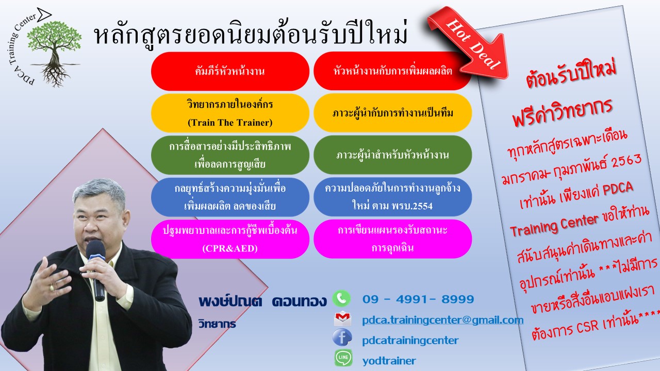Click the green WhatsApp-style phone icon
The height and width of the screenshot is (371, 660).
341,298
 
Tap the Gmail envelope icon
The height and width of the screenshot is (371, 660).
342,318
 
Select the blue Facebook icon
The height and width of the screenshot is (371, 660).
342,338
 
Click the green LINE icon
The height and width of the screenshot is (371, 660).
343,358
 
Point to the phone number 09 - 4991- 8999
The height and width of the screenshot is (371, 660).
418,299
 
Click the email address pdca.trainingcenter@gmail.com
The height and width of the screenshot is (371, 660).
442,320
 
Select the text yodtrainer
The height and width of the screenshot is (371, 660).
389,361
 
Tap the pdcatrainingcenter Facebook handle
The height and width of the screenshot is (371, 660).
410,341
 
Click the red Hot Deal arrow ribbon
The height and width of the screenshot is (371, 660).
471,44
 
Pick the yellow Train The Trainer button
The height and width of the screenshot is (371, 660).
230,113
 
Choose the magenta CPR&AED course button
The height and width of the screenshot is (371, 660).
230,239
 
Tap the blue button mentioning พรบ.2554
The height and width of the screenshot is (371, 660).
392,197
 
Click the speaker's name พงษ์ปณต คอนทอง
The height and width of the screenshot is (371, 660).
262,301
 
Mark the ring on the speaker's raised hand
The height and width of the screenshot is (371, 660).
52,288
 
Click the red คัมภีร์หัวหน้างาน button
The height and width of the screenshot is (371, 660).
230,71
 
